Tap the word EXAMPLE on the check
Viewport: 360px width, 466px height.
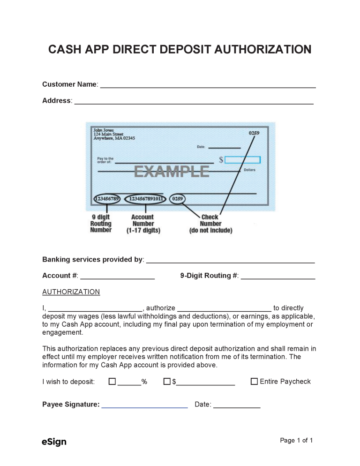tap(172, 172)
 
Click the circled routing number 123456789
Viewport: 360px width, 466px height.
tap(107, 199)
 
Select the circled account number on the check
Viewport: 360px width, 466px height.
tap(147, 199)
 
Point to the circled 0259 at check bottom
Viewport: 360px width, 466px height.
tap(178, 199)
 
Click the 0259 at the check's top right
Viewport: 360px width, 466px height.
tap(254, 133)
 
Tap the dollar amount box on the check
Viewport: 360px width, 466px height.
tap(242, 160)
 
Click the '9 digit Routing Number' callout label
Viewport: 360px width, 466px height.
tap(101, 224)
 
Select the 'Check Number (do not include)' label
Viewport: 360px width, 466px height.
tap(210, 224)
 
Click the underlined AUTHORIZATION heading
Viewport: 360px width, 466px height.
tap(71, 292)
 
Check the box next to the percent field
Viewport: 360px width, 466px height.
tap(112, 382)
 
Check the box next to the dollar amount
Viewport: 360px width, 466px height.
tap(166, 382)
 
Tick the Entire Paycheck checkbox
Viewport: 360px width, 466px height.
tap(254, 382)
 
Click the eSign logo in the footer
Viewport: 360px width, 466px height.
tap(54, 442)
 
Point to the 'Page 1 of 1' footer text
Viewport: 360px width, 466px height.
tap(296, 440)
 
